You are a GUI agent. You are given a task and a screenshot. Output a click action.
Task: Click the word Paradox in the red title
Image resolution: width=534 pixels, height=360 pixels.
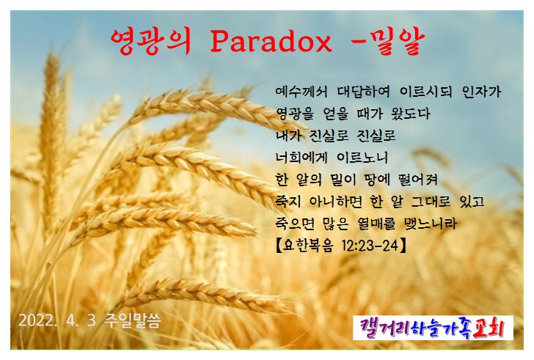271,42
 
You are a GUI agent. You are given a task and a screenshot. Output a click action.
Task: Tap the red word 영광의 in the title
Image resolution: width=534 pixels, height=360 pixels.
150,42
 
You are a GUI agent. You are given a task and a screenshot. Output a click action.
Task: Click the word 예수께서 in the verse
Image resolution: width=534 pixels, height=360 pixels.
301,92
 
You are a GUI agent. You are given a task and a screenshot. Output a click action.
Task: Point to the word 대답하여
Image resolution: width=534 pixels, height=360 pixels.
364,92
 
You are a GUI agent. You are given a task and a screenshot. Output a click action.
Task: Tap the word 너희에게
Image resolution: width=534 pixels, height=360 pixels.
301,158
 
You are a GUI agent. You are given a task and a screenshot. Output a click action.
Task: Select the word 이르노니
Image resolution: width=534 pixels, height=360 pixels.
362,158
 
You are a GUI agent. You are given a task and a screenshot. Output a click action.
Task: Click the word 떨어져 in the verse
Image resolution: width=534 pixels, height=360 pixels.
418,180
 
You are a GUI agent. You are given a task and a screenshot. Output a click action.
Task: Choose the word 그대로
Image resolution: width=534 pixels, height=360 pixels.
431,202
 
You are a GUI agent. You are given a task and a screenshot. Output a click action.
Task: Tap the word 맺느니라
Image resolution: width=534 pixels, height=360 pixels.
431,224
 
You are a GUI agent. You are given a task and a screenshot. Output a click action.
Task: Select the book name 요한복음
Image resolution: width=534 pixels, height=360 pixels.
307,246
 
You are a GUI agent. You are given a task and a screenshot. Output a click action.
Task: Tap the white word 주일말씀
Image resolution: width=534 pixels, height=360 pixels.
133,320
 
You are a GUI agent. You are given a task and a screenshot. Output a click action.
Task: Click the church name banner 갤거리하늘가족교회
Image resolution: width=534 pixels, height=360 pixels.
433,328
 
